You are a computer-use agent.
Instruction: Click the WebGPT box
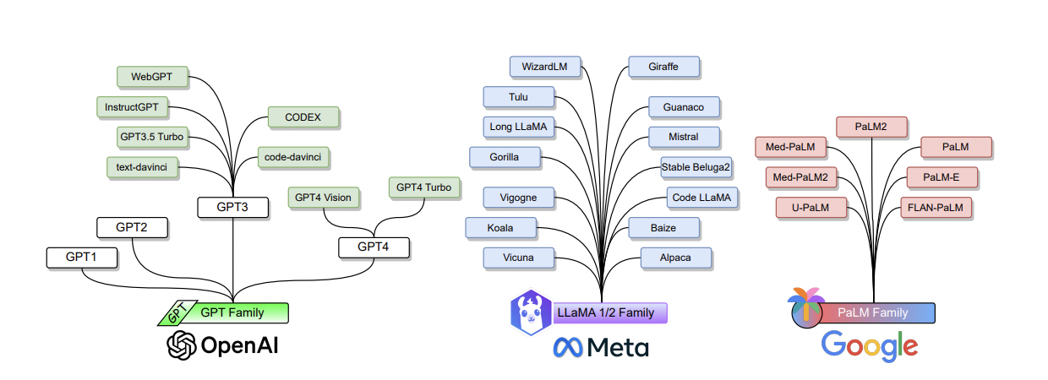152,77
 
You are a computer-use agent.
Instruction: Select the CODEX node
303,117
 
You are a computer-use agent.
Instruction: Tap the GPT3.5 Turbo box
152,137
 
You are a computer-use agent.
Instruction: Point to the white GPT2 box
133,228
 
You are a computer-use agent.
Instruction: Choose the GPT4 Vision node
324,198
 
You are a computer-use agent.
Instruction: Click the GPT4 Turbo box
424,187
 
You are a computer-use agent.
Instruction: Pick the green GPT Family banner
224,312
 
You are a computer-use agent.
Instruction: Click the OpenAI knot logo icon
182,345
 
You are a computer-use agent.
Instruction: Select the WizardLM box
545,67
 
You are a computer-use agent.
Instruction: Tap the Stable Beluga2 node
696,167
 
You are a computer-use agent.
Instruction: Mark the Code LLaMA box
702,198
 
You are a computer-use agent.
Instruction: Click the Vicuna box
519,258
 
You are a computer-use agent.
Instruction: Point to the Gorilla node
505,157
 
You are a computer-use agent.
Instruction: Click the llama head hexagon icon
531,312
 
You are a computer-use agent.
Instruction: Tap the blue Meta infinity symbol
568,348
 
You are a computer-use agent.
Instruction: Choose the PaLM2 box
871,128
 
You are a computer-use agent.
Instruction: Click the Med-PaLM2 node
801,177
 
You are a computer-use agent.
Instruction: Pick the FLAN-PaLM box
936,208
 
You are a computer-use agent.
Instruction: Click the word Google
870,346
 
